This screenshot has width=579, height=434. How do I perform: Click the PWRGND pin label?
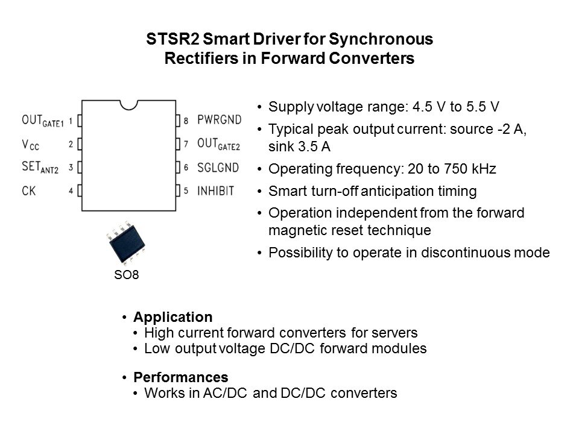(220, 119)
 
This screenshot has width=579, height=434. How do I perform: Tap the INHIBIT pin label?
(216, 191)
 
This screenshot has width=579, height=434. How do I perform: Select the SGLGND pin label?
(218, 168)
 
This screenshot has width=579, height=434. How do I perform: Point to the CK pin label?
(29, 191)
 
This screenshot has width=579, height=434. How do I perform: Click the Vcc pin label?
(30, 145)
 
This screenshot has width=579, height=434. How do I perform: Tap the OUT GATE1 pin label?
(43, 121)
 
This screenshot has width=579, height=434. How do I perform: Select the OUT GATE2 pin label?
(218, 144)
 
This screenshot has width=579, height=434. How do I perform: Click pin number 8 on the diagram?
(186, 121)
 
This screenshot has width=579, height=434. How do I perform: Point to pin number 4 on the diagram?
(71, 191)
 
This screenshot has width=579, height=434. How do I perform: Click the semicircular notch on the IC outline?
(129, 105)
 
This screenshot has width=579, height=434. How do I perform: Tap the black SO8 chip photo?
(126, 243)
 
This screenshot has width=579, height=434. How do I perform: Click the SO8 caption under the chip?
(126, 275)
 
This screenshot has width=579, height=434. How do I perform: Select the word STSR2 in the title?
(172, 39)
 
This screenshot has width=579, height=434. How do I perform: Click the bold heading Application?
(173, 317)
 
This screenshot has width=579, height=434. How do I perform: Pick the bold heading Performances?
(181, 377)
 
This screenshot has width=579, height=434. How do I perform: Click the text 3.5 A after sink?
(314, 146)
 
